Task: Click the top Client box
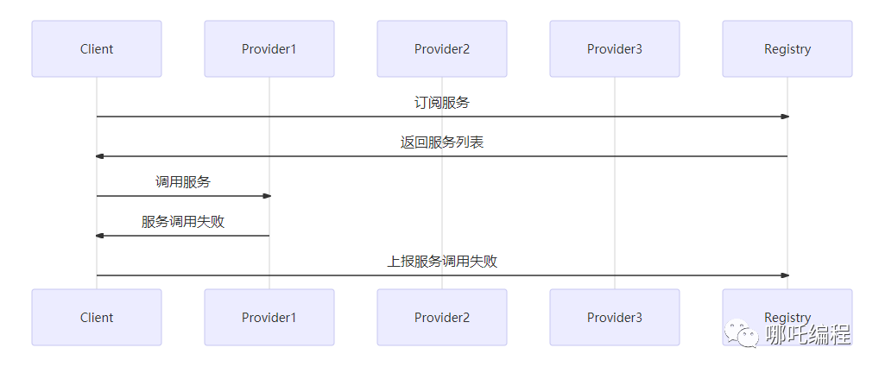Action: (x=97, y=49)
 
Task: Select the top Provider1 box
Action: (x=269, y=49)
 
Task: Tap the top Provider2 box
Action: (x=442, y=49)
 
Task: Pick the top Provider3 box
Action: (x=615, y=49)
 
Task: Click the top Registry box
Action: (x=787, y=49)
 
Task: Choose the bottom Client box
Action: (x=97, y=318)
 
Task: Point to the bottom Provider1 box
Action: (x=269, y=318)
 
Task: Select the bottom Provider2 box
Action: (x=442, y=318)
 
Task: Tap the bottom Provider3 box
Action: (x=615, y=318)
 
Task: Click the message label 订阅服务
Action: (x=442, y=103)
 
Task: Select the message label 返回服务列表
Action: (x=442, y=142)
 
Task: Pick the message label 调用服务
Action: (x=183, y=181)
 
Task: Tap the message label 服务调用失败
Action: (x=183, y=222)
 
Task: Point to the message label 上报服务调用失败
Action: (x=442, y=262)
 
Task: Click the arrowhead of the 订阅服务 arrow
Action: (x=785, y=117)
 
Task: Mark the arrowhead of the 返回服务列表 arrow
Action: (x=99, y=156)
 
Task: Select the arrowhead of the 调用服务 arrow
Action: (x=267, y=196)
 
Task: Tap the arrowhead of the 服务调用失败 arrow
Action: (x=99, y=236)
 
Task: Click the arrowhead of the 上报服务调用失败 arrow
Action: (x=785, y=275)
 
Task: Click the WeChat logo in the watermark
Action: (x=742, y=333)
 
